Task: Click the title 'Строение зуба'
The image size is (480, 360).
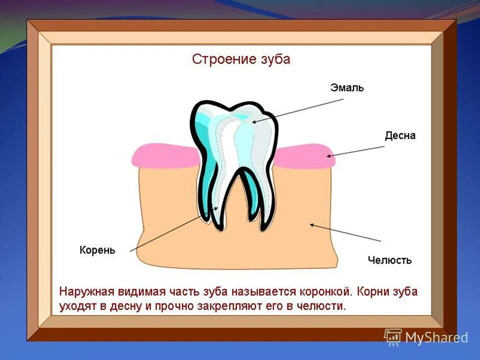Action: point(241,59)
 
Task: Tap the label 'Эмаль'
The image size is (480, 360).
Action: point(347,88)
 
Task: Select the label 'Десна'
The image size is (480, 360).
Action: point(400,135)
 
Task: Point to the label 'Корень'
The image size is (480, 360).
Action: point(97,250)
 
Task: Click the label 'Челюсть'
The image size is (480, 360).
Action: point(389,260)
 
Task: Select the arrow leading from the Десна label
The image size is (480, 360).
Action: point(356,150)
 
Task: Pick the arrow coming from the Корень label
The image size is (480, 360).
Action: point(172,229)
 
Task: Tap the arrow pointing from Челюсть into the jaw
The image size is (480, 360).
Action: point(345,233)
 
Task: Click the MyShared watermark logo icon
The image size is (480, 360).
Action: point(393,336)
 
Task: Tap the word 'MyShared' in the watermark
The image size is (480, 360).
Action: point(436,337)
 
